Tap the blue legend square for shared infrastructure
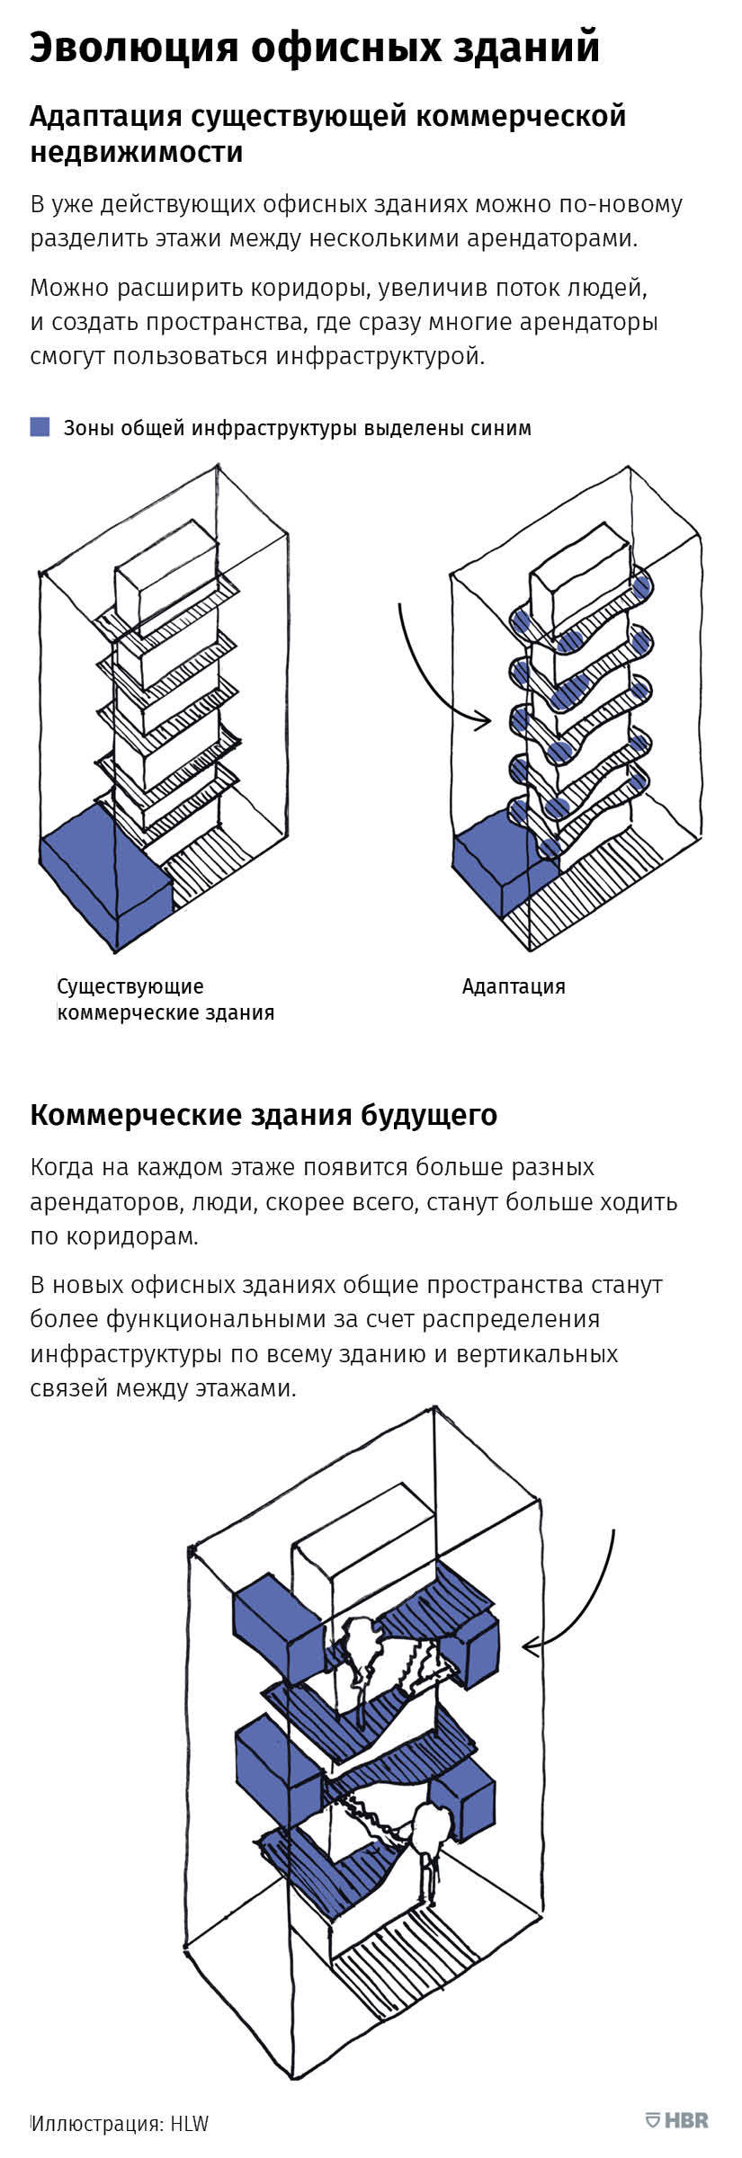click(40, 427)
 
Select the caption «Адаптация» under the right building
click(514, 986)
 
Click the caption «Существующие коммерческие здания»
click(165, 1000)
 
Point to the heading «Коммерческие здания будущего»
click(264, 1115)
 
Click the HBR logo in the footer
click(677, 2119)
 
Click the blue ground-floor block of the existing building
click(104, 876)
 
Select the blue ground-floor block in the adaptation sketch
click(504, 871)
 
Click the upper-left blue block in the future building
click(277, 1628)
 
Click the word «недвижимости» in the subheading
click(137, 152)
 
